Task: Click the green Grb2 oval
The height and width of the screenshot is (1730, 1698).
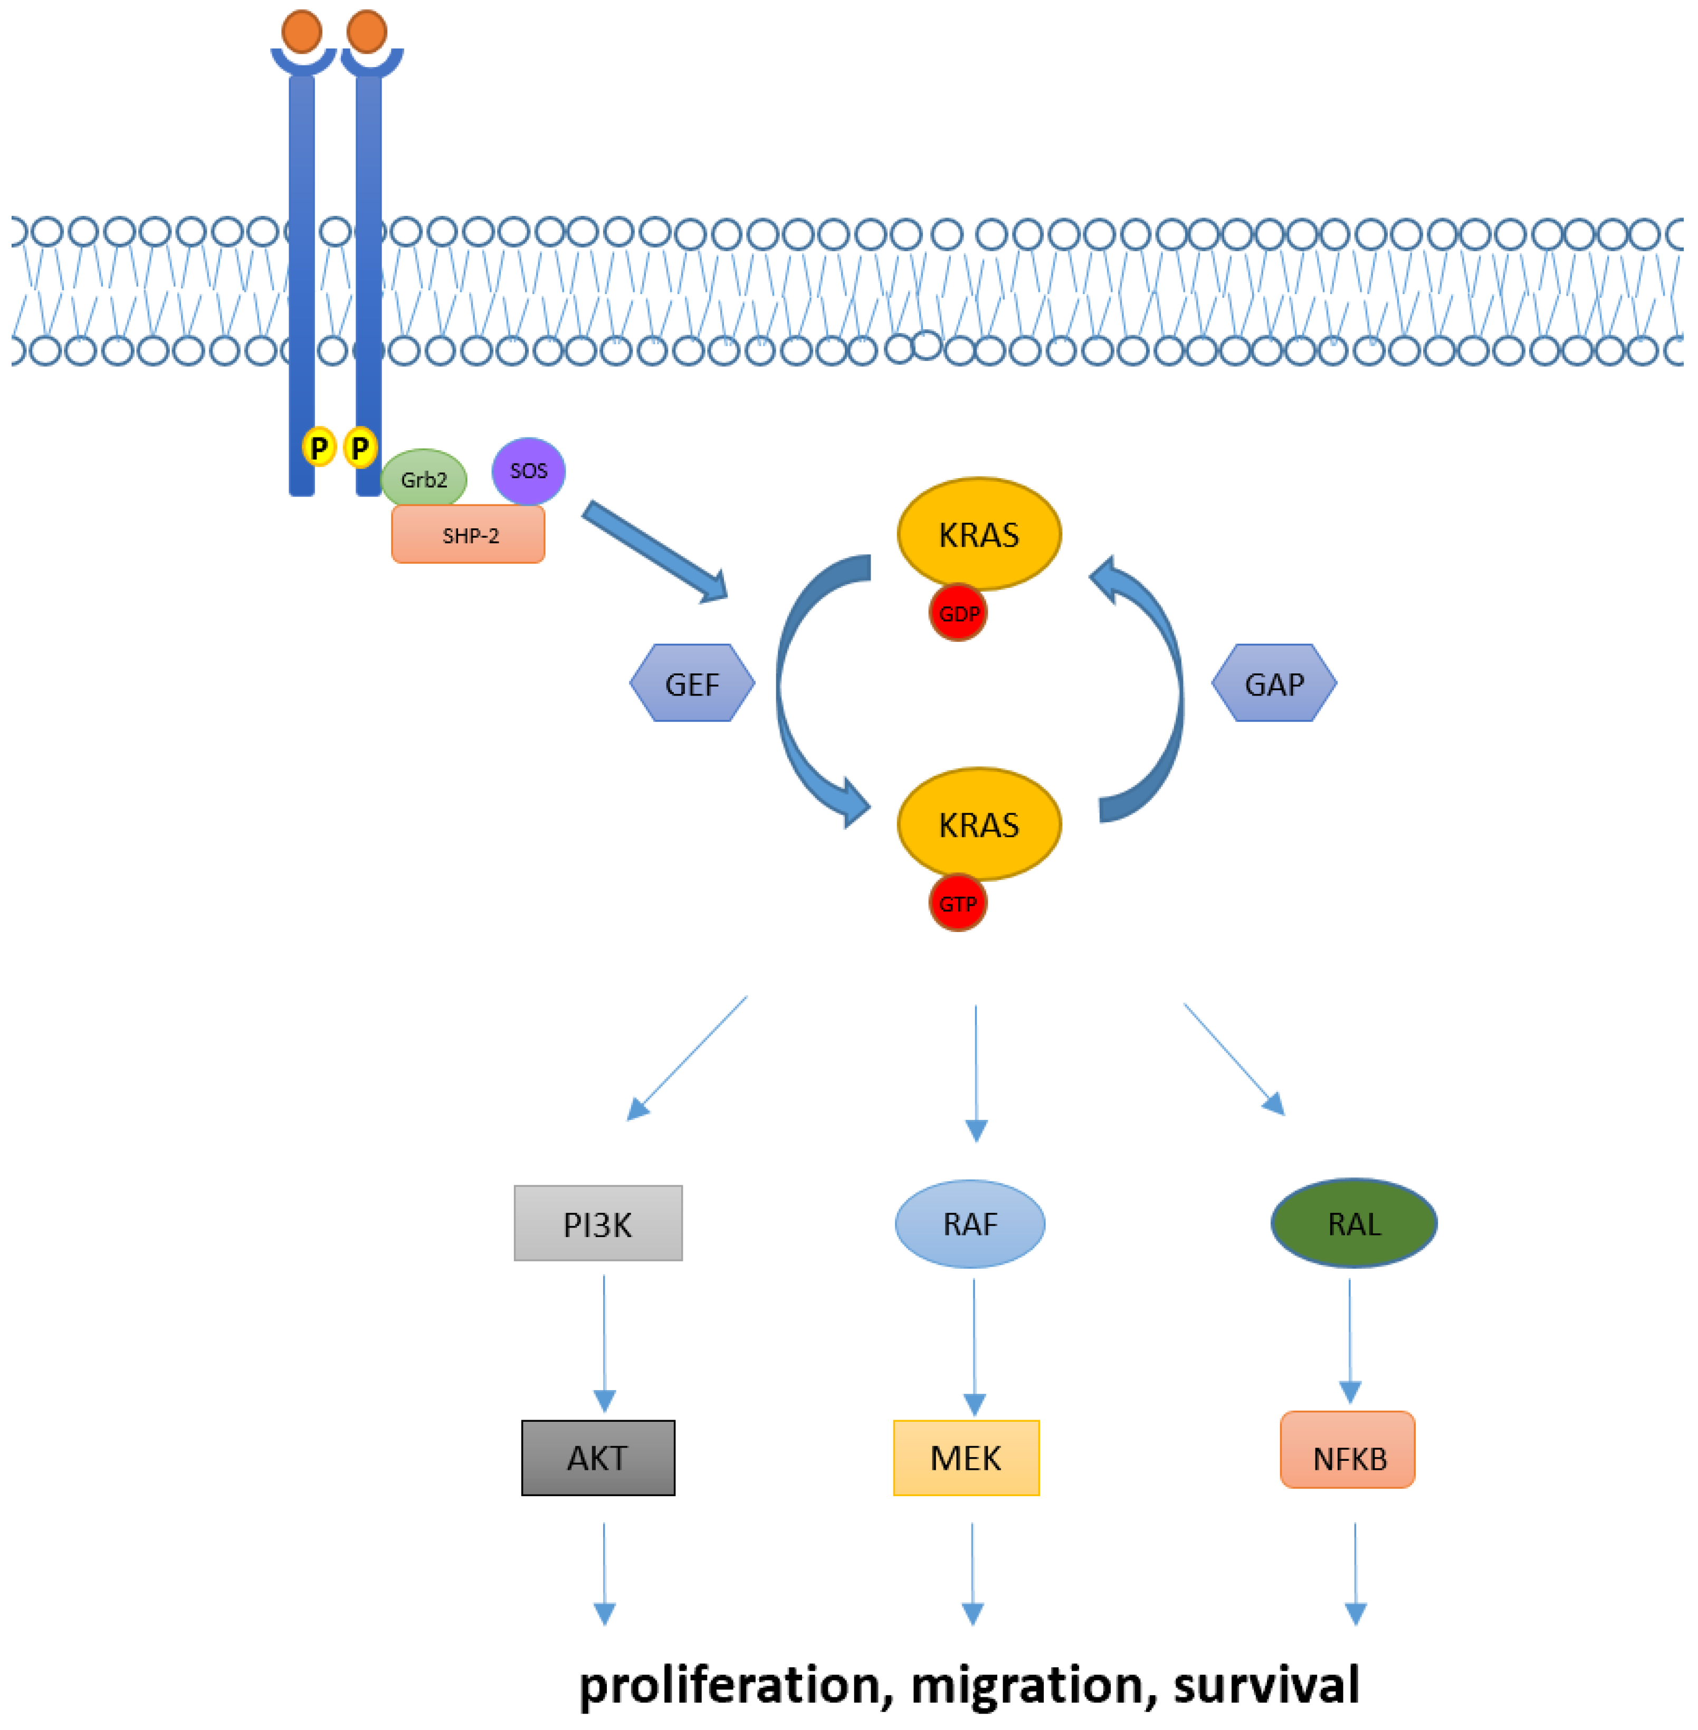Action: click(x=424, y=479)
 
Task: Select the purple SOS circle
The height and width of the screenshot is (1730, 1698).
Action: click(x=529, y=471)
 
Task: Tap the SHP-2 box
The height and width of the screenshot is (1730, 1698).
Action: click(x=468, y=535)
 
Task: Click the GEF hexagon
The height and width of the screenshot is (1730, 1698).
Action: click(x=692, y=683)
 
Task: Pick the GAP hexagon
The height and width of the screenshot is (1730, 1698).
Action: click(x=1274, y=683)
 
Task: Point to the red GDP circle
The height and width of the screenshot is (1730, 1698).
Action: click(x=958, y=614)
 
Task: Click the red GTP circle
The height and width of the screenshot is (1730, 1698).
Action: click(x=958, y=904)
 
